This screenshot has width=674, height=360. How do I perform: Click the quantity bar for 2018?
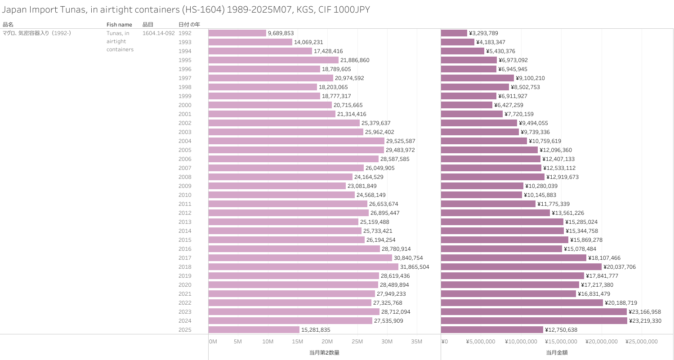tap(304, 267)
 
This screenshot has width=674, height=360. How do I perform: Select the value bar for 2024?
tap(534, 321)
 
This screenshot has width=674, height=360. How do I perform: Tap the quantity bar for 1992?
tap(237, 33)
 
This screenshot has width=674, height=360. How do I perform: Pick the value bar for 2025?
tap(492, 330)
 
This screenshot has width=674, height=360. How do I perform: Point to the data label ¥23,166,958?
tap(645, 312)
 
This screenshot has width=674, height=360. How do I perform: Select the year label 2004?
tap(185, 141)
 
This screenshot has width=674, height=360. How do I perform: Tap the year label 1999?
tap(185, 96)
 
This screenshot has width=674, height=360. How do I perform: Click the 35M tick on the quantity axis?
tap(416, 342)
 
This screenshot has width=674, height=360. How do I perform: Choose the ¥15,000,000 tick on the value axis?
tap(563, 342)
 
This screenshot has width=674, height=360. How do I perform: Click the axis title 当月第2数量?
tap(324, 353)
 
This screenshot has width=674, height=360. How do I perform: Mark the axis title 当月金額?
tap(557, 353)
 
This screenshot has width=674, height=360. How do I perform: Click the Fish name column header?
tap(119, 24)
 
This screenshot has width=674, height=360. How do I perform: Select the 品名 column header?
tap(8, 24)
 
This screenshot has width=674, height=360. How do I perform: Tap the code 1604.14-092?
tap(158, 33)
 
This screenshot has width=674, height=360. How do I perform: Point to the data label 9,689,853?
tap(281, 33)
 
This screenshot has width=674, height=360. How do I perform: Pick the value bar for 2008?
tap(492, 177)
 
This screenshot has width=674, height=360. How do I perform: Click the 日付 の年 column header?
tap(189, 24)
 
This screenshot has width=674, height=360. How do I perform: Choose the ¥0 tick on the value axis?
tap(445, 342)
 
